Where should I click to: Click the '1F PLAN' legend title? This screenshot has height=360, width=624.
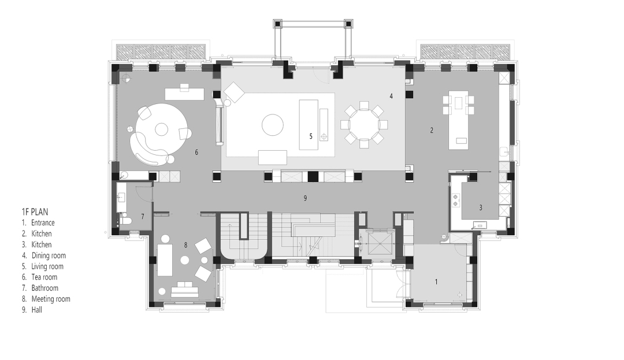click(x=35, y=211)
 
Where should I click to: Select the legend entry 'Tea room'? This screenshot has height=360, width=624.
click(x=44, y=277)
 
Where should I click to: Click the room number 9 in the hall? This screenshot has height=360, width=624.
click(x=305, y=198)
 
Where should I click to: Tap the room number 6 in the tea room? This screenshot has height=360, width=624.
click(x=196, y=152)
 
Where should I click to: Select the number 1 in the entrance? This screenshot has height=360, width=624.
click(x=436, y=281)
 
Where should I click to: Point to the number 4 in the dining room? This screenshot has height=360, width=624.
click(x=391, y=96)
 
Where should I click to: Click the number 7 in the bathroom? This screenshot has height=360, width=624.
click(x=143, y=217)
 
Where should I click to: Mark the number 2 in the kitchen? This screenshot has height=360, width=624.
click(x=432, y=130)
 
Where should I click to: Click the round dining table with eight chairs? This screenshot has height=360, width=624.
click(x=364, y=124)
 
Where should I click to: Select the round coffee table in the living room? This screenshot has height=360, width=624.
click(x=273, y=125)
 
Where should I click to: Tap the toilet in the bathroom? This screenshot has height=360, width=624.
click(x=125, y=220)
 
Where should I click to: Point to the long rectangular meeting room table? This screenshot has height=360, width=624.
click(x=165, y=260)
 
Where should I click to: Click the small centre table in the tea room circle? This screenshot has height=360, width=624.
click(x=161, y=129)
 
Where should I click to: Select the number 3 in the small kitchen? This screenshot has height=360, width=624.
click(x=480, y=207)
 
